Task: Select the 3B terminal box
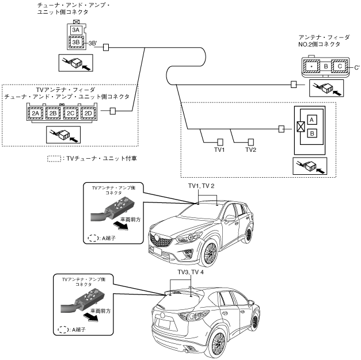tap(75, 42)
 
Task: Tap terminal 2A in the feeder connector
tap(36, 113)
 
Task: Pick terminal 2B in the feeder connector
tap(54, 113)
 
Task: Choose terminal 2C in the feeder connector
tap(71, 113)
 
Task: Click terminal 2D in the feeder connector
tap(89, 113)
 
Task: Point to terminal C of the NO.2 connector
tap(340, 67)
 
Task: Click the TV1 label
tap(219, 150)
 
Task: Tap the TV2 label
tap(251, 150)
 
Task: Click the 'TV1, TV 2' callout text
tap(202, 186)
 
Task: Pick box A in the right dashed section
tap(311, 119)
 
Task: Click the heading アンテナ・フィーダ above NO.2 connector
tap(325, 36)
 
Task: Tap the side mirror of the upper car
tap(230, 217)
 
